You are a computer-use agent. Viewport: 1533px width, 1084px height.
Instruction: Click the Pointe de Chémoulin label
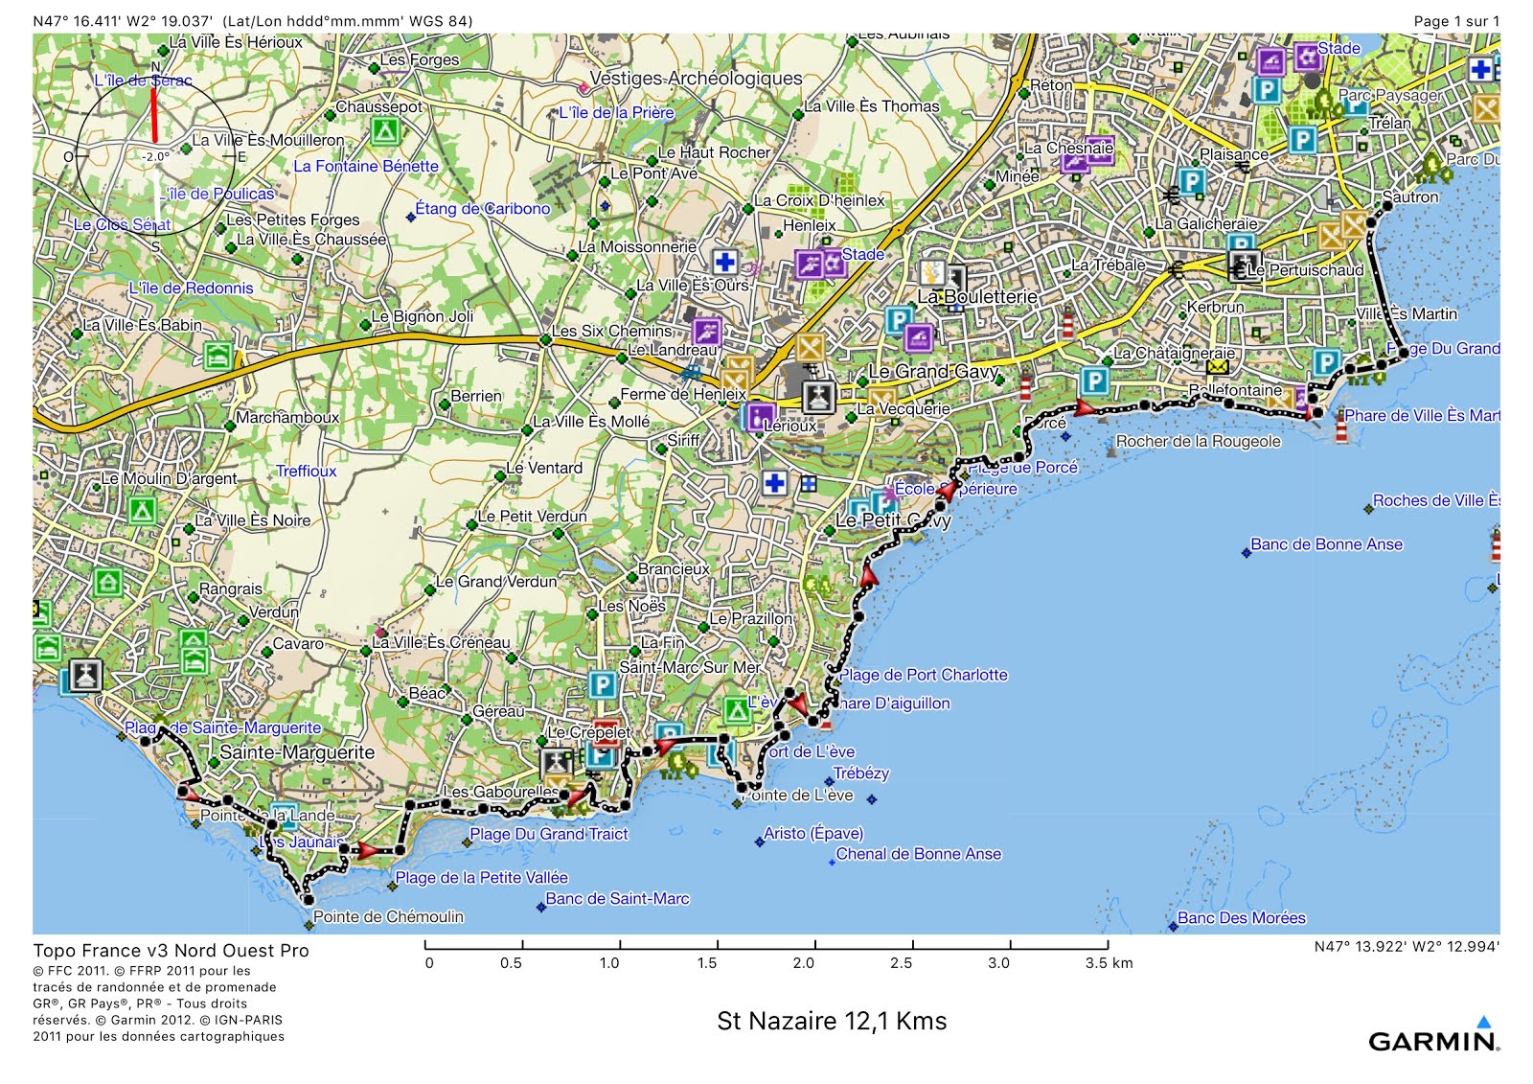pyautogui.click(x=388, y=917)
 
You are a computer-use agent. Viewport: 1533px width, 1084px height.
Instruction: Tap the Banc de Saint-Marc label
pyautogui.click(x=617, y=899)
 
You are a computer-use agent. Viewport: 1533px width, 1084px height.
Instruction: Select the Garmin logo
pyautogui.click(x=1432, y=1040)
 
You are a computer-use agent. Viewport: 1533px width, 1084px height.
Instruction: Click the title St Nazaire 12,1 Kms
pyautogui.click(x=832, y=1021)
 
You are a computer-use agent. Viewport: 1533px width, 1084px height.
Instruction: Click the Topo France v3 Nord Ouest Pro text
pyautogui.click(x=171, y=951)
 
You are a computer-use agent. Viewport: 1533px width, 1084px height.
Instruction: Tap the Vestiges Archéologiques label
pyautogui.click(x=696, y=79)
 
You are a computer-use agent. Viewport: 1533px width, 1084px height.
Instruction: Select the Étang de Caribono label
pyautogui.click(x=482, y=209)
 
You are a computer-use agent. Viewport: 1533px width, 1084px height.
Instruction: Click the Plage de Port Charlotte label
pyautogui.click(x=924, y=675)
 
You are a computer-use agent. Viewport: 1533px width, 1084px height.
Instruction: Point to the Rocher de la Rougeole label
pyautogui.click(x=1198, y=442)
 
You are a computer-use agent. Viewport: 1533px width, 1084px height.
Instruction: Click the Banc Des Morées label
pyautogui.click(x=1241, y=918)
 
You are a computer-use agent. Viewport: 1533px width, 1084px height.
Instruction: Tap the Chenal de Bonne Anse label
pyautogui.click(x=918, y=854)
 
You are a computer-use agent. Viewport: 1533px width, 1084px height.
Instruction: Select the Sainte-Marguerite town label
pyautogui.click(x=297, y=752)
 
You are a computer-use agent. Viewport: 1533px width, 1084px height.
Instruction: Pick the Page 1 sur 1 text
pyautogui.click(x=1456, y=21)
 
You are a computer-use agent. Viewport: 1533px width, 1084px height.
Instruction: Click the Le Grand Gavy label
pyautogui.click(x=932, y=372)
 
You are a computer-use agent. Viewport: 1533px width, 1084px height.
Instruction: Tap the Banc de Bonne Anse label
pyautogui.click(x=1326, y=544)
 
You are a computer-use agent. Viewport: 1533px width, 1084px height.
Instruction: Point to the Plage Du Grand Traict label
pyautogui.click(x=548, y=835)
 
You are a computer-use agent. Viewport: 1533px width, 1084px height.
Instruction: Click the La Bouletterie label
pyautogui.click(x=976, y=297)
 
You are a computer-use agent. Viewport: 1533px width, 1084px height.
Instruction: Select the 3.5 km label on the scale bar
pyautogui.click(x=1109, y=963)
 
